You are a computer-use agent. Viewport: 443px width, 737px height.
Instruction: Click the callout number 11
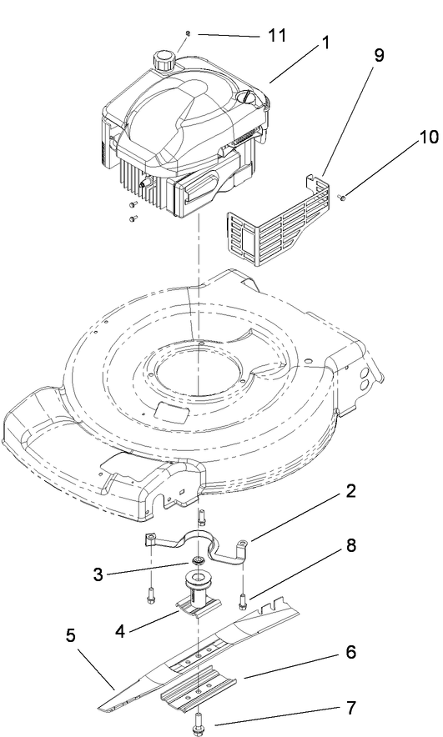click(x=276, y=36)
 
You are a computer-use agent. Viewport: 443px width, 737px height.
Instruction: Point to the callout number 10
click(x=416, y=136)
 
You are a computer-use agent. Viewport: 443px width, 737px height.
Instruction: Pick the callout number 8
click(x=351, y=548)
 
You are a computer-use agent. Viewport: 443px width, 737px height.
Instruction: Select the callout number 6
click(x=351, y=653)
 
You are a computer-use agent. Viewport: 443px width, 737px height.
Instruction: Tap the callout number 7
click(x=351, y=708)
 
